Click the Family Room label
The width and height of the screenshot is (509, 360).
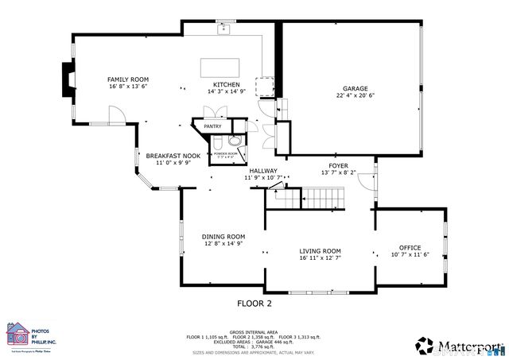pos(128,79)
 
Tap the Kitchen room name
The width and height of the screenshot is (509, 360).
pos(226,85)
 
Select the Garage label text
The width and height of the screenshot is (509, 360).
pos(355,89)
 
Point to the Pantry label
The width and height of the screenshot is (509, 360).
pos(212,126)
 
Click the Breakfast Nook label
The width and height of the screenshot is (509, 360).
pos(173,156)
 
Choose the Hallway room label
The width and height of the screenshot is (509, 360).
pos(262,171)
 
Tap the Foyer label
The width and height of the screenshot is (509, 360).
pos(339,165)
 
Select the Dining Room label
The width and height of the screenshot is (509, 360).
pos(223,237)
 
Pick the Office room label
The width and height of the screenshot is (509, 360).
pos(410,248)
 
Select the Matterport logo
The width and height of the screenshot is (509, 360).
pos(457,346)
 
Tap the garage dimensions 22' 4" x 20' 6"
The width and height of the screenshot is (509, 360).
pos(355,96)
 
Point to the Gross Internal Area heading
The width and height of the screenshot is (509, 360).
pos(254,331)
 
